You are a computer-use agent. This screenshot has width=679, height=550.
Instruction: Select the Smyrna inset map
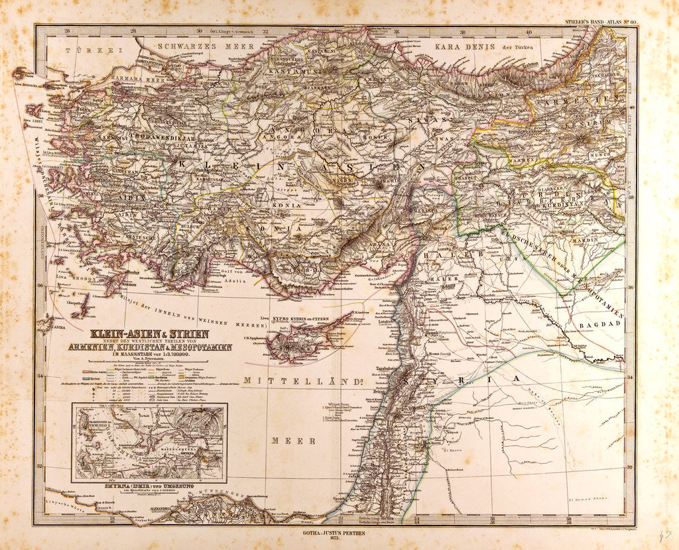point(149,442)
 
